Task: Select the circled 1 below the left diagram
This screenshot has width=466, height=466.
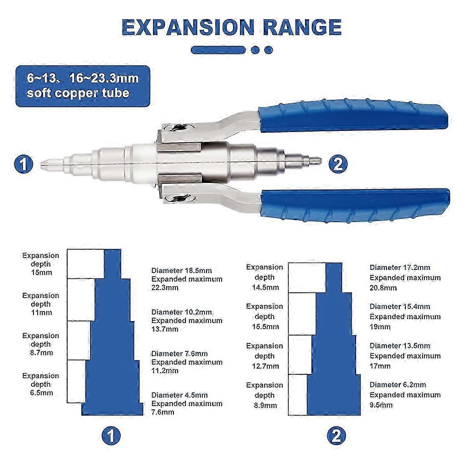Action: pos(111,436)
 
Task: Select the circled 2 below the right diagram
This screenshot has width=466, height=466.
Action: pos(336,436)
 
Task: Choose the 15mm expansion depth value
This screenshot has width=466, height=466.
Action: pos(41,273)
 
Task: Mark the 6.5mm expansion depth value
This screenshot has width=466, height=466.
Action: pos(41,393)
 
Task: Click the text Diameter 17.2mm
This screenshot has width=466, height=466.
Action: pos(400,268)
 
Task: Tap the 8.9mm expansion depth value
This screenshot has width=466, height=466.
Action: pos(264,405)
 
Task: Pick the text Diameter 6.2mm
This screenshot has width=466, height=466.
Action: pos(398,385)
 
